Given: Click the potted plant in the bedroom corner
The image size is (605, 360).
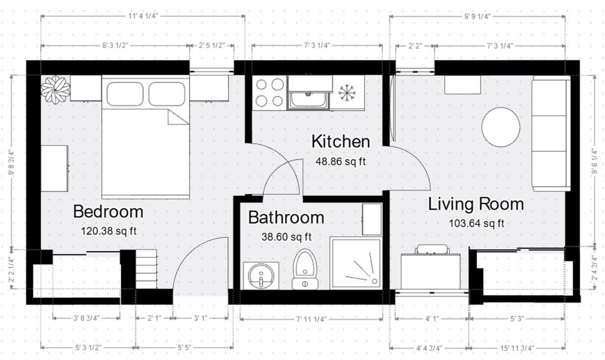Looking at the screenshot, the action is coord(55,90).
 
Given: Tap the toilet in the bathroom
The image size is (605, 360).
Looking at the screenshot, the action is coord(305,269).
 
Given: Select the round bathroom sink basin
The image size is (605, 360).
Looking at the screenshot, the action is coord(261,276).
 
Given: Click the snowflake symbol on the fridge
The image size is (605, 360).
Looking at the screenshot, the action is coord(347,93).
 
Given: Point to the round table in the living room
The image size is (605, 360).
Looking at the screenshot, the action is coord(501,127).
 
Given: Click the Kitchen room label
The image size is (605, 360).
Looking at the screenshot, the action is coord(341,142).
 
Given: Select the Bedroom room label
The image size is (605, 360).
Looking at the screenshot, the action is coord(108,212).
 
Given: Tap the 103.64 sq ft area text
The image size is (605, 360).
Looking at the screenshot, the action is coord(476,224).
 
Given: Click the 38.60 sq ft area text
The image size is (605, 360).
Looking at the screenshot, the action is coord(286,237).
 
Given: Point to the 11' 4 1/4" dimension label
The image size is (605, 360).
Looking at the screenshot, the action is coord(143,16).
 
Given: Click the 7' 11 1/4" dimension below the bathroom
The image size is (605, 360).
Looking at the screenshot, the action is coord(312,320).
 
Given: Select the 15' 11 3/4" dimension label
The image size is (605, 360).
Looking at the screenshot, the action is coord(517,348).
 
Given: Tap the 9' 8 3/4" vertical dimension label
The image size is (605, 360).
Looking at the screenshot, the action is coord(11,162).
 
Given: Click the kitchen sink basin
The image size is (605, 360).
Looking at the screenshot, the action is coord(308,100).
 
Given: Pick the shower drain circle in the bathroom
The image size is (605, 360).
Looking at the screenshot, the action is coord(374,281).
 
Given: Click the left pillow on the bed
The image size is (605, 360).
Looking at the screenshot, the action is coord(125,94).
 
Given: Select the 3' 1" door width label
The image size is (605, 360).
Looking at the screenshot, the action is coord(201,319).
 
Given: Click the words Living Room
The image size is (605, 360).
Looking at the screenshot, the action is coord(476,204).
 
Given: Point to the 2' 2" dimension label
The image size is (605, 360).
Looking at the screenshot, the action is coord(415,46).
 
